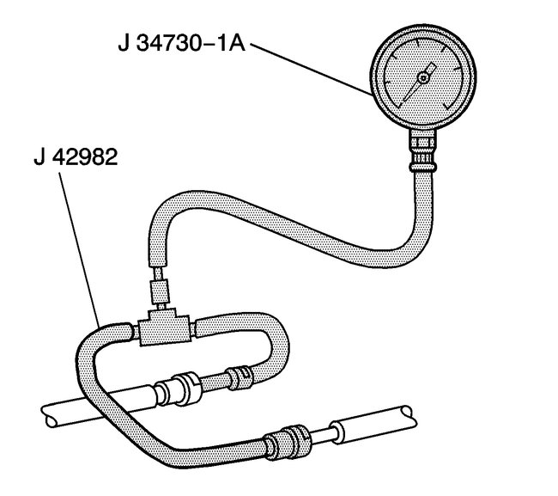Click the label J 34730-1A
pos(181,44)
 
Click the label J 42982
pos(76,156)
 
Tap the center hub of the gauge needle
pos(423,77)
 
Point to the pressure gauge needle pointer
pos(419,82)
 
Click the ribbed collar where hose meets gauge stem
pos(422,162)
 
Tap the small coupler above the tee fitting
pos(161,292)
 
